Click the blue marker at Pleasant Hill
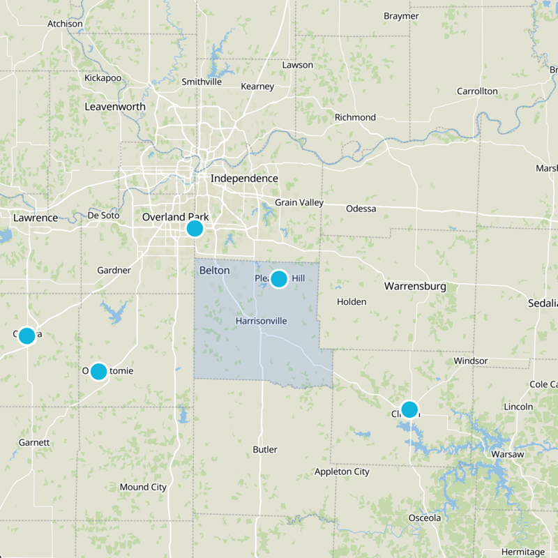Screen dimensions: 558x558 tap(278, 279)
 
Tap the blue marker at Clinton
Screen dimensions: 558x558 tap(409, 409)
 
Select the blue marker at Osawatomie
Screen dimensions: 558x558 tap(98, 371)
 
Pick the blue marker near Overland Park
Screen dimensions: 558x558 tap(195, 228)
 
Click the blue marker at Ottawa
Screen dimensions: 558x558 tap(27, 335)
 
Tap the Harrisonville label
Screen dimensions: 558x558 tap(262, 321)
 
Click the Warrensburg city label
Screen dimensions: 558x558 tap(415, 286)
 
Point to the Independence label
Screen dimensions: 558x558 tap(244, 179)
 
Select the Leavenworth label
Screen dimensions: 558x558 tap(115, 107)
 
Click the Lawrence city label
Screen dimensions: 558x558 tap(36, 218)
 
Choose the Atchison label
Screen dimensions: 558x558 tap(65, 24)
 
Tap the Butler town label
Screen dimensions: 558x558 tap(265, 449)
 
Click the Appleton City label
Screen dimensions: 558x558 tap(342, 472)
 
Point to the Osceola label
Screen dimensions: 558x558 tap(425, 518)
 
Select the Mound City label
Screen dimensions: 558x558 tap(143, 487)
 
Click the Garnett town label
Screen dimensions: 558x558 tap(34, 442)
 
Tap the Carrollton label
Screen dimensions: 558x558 tap(477, 91)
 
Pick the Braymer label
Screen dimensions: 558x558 tap(401, 16)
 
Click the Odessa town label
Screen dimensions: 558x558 tap(361, 209)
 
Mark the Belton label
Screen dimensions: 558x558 tap(214, 270)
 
